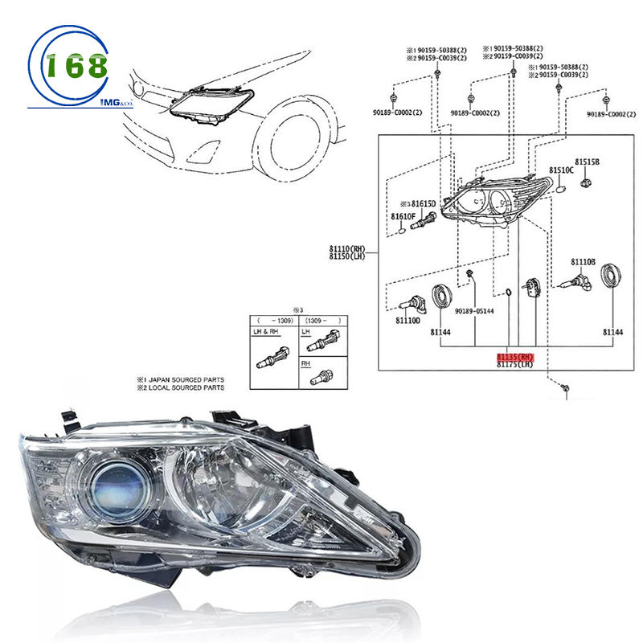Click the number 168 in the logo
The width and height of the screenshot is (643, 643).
point(76,67)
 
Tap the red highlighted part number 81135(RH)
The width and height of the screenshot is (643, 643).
point(515,356)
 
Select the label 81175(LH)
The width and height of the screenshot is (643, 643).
point(515,364)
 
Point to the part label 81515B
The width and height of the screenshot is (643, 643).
point(587,162)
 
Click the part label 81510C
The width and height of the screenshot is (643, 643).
point(562,170)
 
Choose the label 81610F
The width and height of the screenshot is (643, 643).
point(403,217)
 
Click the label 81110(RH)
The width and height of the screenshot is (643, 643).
point(346,249)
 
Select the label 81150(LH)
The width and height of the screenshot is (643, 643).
point(346,257)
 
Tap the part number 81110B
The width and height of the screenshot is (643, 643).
point(584,262)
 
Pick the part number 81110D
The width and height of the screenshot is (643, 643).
point(408,321)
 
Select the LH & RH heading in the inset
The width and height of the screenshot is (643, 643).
point(265,330)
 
